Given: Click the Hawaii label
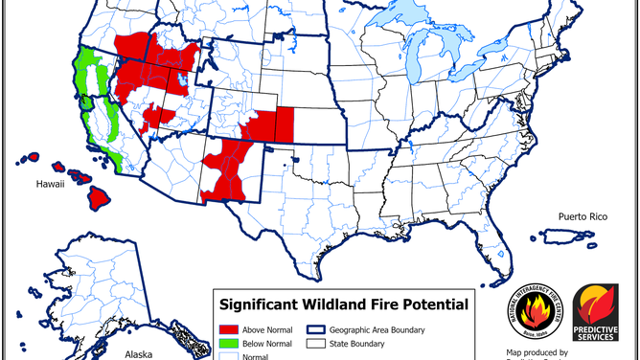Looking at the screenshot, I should pyautogui.click(x=50, y=186).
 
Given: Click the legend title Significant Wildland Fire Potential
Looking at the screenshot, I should pyautogui.click(x=344, y=305).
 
